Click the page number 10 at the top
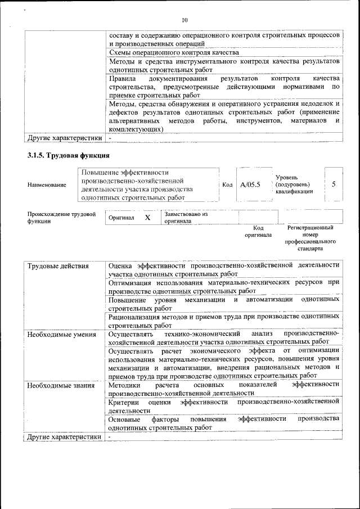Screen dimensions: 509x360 point(184,21)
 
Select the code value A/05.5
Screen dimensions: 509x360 point(250,184)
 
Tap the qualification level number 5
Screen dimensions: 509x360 point(334,184)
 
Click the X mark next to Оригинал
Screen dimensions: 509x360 point(147,218)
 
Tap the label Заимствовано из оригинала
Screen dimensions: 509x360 point(186,218)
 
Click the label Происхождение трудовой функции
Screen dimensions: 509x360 point(61,218)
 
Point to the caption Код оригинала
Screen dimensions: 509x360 point(258,231)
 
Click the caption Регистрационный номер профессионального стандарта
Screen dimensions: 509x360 point(310,237)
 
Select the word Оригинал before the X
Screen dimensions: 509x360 point(121,218)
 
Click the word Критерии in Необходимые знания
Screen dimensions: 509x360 point(124,402)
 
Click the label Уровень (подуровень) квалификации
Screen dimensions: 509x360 point(294,184)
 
